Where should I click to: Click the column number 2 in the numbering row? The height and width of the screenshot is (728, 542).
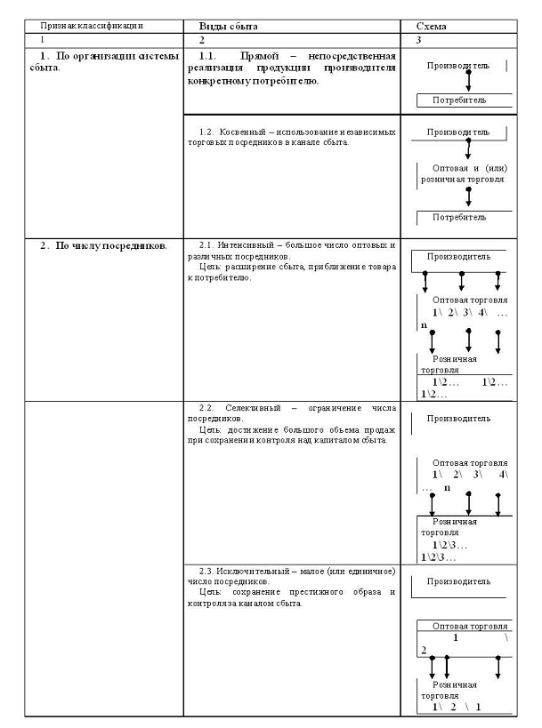coord(202,41)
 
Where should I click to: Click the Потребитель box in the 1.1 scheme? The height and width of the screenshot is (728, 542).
coord(459,100)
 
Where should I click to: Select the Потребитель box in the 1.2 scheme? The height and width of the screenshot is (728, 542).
coord(459,216)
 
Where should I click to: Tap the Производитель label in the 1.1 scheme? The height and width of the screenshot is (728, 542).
coord(458,67)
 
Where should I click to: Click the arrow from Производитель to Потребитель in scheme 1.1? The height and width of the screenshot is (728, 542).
coord(468,82)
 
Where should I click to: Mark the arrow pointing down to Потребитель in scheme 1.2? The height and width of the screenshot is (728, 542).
coord(468,196)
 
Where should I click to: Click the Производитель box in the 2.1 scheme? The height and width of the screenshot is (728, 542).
coord(458,257)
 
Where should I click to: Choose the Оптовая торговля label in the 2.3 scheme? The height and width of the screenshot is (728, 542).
coord(470,626)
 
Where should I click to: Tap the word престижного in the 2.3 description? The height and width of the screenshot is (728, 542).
coord(311,591)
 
